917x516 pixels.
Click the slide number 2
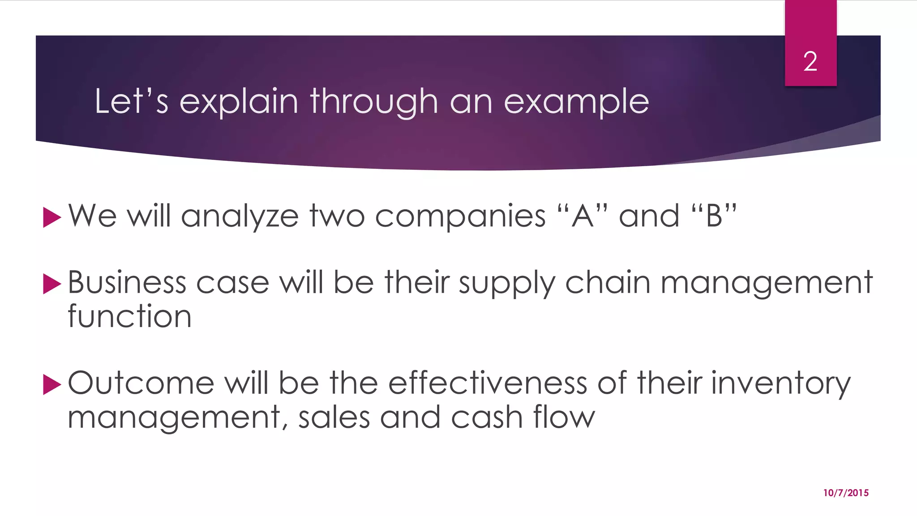(810, 61)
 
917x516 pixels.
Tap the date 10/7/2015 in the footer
(846, 493)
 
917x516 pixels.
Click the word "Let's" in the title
(131, 101)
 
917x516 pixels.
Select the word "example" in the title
(576, 102)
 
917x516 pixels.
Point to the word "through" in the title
(374, 102)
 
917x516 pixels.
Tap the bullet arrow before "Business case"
(51, 284)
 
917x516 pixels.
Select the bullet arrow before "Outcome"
(51, 385)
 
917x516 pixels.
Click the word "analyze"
(240, 217)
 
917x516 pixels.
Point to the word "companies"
(460, 217)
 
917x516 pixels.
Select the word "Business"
(127, 283)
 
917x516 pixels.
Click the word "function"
(129, 316)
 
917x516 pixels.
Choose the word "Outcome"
(141, 383)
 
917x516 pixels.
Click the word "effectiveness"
(488, 383)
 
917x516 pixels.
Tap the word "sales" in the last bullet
(334, 417)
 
